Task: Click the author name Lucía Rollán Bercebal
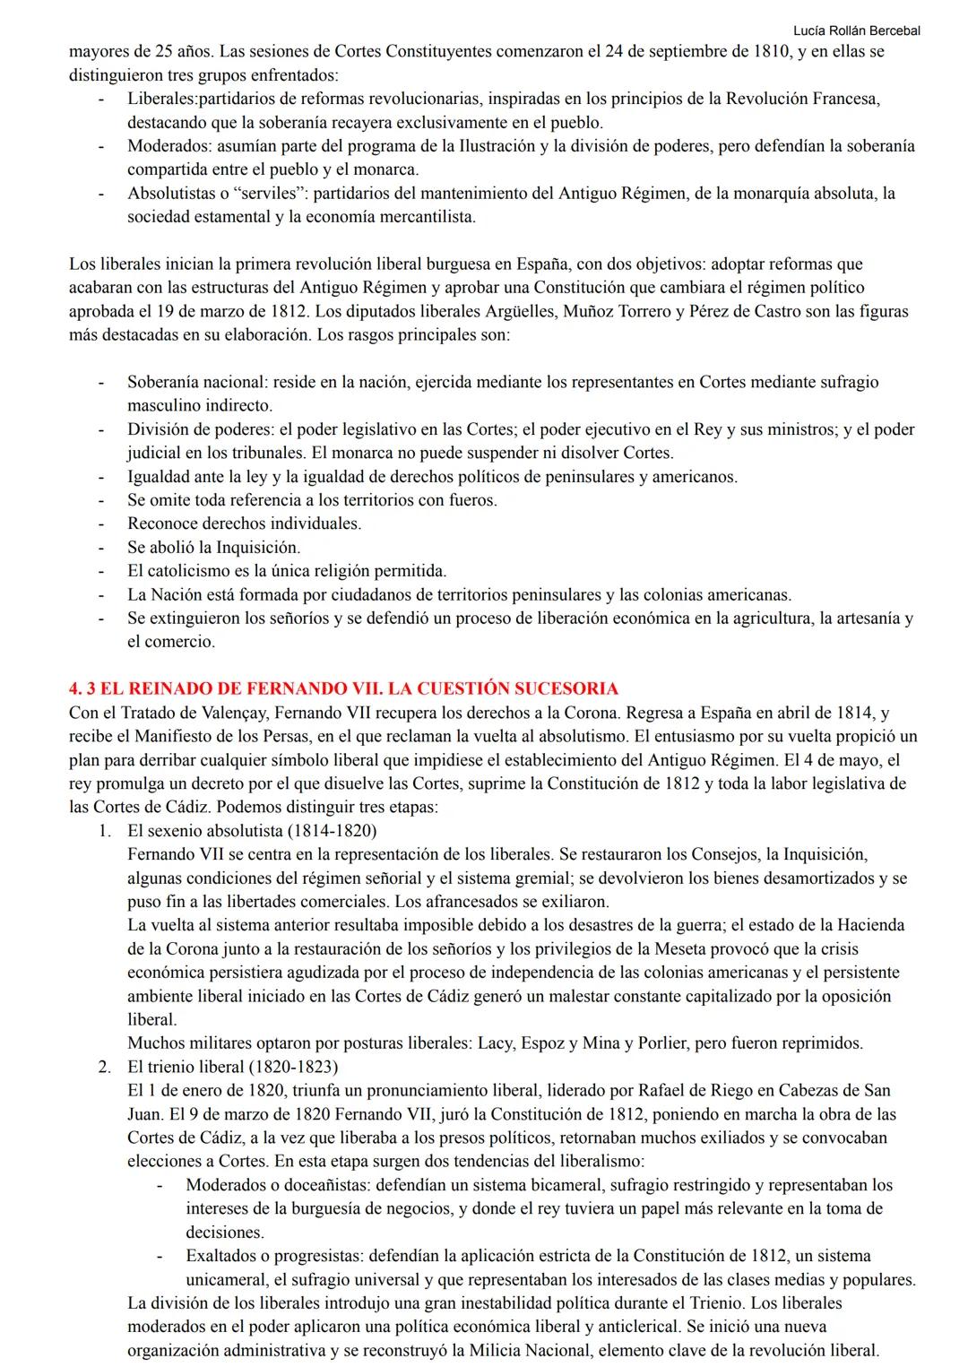tap(857, 30)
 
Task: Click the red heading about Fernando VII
tap(343, 688)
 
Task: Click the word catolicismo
tap(195, 571)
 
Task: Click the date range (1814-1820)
tap(333, 830)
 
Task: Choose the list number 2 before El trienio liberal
tap(105, 1067)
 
